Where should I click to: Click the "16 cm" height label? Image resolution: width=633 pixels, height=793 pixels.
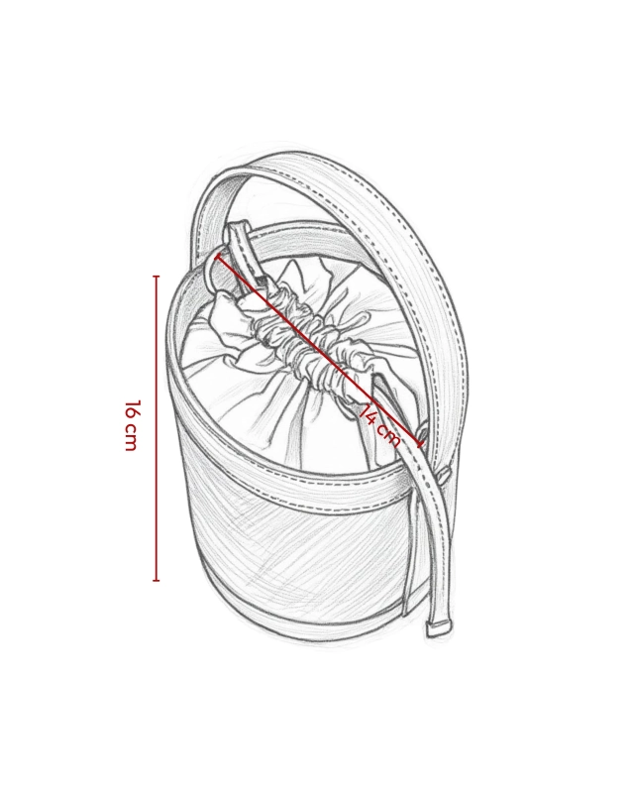click(x=131, y=425)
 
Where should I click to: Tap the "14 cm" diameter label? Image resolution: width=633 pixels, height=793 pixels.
click(x=380, y=427)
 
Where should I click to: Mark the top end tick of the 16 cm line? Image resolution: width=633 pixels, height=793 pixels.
click(x=157, y=277)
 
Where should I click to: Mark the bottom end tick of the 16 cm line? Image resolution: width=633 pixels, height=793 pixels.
click(x=157, y=580)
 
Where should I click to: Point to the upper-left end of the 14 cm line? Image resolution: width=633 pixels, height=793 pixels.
click(x=218, y=256)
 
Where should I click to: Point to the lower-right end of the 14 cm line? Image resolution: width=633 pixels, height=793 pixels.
click(x=420, y=444)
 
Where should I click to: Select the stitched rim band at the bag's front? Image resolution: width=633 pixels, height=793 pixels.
click(x=283, y=486)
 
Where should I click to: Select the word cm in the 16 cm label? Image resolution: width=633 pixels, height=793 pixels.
click(x=131, y=438)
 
